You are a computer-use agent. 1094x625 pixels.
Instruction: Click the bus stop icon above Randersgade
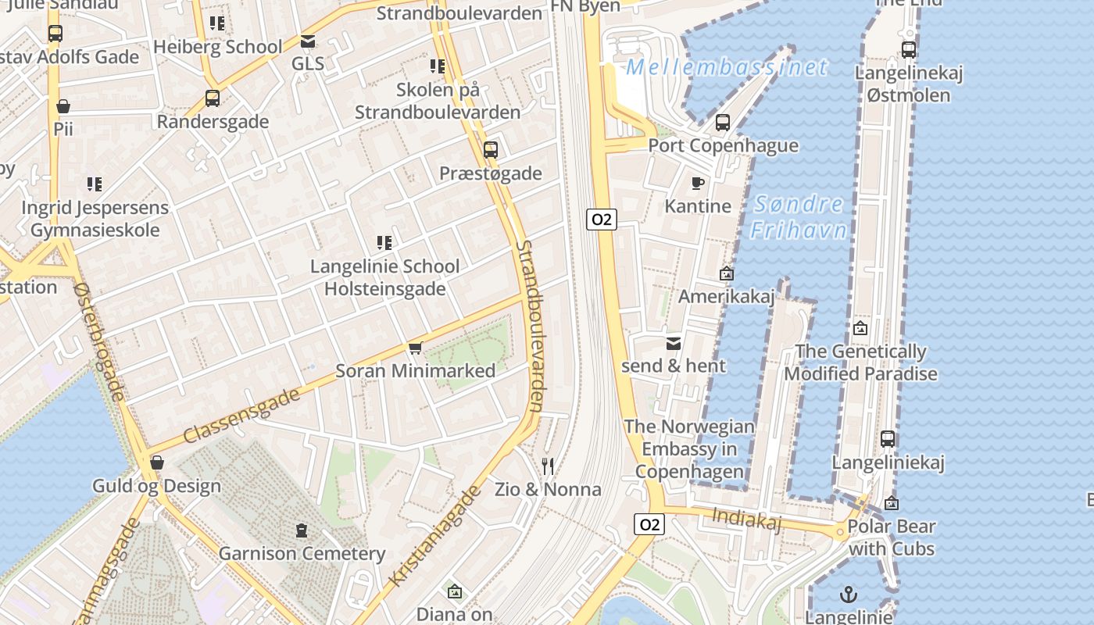coord(212,98)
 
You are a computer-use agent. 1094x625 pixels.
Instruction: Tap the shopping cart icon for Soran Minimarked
coord(415,348)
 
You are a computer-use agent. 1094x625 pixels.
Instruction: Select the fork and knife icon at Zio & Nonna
coord(548,466)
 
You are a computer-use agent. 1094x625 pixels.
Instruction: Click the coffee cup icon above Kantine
coord(698,183)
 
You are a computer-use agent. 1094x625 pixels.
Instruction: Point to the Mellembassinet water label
coord(726,67)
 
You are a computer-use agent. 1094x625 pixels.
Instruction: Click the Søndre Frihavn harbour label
coord(799,217)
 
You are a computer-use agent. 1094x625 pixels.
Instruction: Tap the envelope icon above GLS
coord(308,41)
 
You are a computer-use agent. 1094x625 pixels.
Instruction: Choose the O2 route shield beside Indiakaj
coord(649,524)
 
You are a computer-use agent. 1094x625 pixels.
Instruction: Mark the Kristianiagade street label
coord(434,537)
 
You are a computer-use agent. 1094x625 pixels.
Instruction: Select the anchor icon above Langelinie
coord(848,595)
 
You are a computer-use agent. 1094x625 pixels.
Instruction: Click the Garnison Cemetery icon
coord(302,531)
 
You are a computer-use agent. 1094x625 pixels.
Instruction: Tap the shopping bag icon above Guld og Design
coord(157,463)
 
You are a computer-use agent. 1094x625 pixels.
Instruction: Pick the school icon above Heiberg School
coord(217,23)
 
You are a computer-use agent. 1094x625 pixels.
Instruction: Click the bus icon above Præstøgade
coord(490,150)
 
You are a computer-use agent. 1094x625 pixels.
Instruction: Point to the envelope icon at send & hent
coord(674,343)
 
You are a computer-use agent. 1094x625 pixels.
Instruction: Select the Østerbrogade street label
coord(99,342)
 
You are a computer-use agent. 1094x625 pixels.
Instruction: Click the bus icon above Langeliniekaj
coord(888,439)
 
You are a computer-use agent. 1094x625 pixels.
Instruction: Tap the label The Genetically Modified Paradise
coord(860,362)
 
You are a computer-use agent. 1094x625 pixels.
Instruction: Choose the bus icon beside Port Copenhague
coord(723,123)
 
